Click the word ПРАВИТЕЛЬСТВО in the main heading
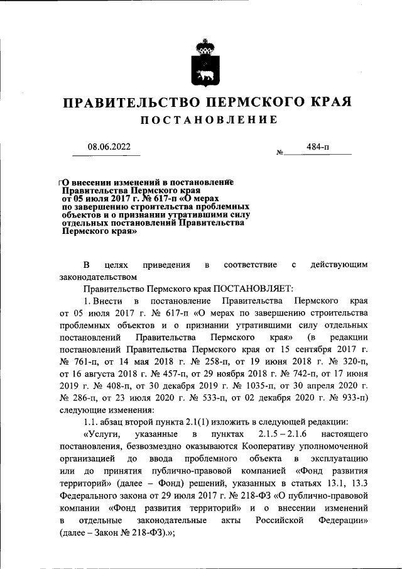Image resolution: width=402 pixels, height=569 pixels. point(128,102)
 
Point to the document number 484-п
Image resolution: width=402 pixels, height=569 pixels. point(318,146)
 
